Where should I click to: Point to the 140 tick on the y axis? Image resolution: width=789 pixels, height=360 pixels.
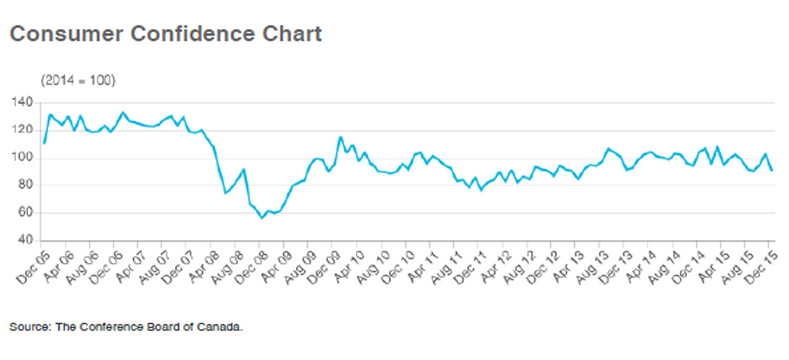click(23, 103)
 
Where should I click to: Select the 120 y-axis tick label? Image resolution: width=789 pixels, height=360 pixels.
click(23, 130)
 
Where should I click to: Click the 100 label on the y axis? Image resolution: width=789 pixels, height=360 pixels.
click(23, 158)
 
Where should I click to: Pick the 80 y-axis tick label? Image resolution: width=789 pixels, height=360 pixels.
click(26, 185)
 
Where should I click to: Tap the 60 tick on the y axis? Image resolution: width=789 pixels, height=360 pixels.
click(26, 213)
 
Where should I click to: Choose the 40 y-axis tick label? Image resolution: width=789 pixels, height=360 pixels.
click(26, 240)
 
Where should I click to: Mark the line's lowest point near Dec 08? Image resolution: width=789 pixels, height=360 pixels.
click(261, 218)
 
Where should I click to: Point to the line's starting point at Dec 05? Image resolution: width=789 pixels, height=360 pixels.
click(44, 143)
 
